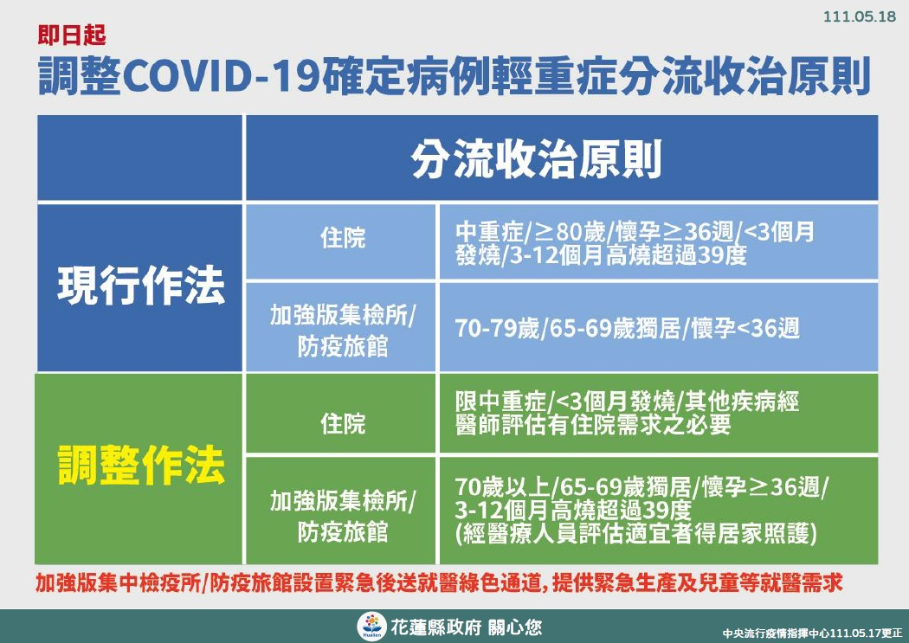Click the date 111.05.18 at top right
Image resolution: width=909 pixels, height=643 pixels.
click(860, 16)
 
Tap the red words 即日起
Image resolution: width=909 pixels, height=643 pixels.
click(72, 35)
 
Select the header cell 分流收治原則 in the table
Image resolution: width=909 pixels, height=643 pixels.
click(537, 158)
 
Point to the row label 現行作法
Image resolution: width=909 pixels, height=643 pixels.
click(141, 286)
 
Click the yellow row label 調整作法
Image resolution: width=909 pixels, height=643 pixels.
click(141, 466)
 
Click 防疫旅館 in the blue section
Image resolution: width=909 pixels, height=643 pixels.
click(343, 346)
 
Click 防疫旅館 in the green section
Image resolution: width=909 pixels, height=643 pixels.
click(343, 531)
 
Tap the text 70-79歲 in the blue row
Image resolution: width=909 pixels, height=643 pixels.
click(498, 329)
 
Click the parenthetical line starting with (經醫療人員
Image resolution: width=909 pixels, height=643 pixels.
click(636, 533)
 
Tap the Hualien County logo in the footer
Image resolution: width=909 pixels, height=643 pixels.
click(371, 627)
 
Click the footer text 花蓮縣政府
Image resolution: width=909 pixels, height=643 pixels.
click(436, 627)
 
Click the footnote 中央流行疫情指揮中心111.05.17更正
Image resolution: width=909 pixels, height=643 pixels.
click(812, 633)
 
